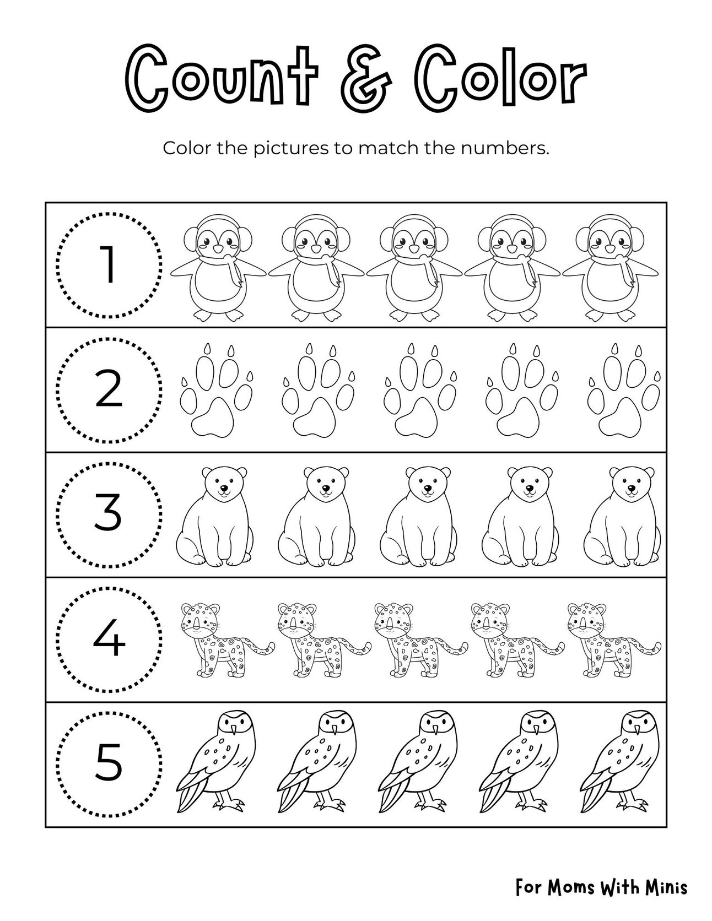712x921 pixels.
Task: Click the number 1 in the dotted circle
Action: [109, 265]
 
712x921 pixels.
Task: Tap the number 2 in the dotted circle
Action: [109, 389]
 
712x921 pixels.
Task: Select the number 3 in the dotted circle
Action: [109, 514]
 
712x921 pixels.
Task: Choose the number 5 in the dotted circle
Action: [109, 763]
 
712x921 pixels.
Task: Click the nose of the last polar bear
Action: [630, 488]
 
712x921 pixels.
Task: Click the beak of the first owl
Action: [234, 730]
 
